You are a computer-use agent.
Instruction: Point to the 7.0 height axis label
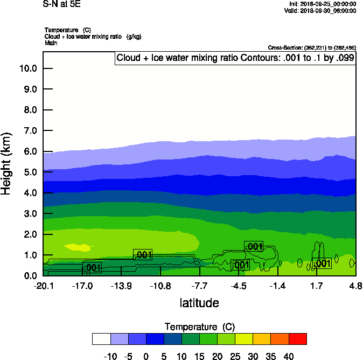(29, 131)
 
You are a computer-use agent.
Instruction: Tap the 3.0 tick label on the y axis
(29, 214)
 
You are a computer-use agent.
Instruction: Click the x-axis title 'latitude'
(199, 303)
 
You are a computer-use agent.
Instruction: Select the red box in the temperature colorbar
(298, 339)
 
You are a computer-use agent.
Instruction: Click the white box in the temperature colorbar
(101, 339)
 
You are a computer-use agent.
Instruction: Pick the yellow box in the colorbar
(244, 339)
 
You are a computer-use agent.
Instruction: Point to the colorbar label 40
(289, 356)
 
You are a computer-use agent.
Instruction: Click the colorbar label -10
(110, 356)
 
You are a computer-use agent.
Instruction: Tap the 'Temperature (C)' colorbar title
(199, 327)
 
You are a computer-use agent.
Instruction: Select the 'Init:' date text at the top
(322, 4)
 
